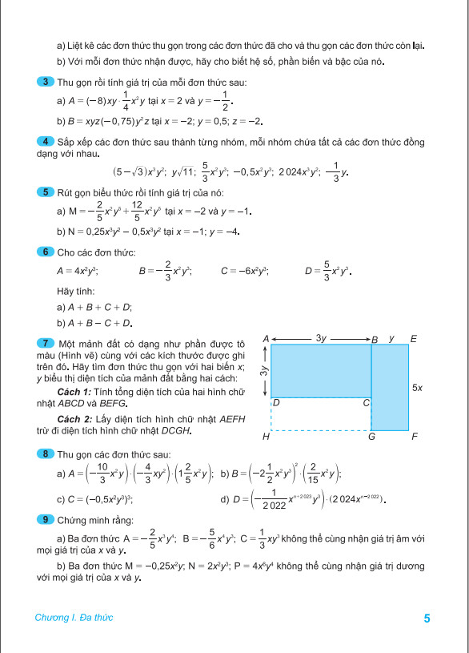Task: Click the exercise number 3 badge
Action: point(46,82)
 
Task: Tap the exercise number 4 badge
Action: point(46,142)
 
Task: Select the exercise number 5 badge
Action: point(46,192)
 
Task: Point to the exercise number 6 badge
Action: point(46,252)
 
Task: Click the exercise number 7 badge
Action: point(46,343)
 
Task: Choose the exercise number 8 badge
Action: point(46,454)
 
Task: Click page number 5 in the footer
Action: point(427,618)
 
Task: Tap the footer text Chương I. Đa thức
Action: point(74,618)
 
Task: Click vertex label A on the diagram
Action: point(265,339)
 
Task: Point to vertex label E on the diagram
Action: point(413,339)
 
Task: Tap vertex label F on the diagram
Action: point(414,437)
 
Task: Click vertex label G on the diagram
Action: point(371,437)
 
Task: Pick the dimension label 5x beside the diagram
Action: point(417,387)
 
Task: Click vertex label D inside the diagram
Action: point(276,401)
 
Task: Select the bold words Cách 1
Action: point(76,390)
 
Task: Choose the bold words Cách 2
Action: point(76,419)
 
